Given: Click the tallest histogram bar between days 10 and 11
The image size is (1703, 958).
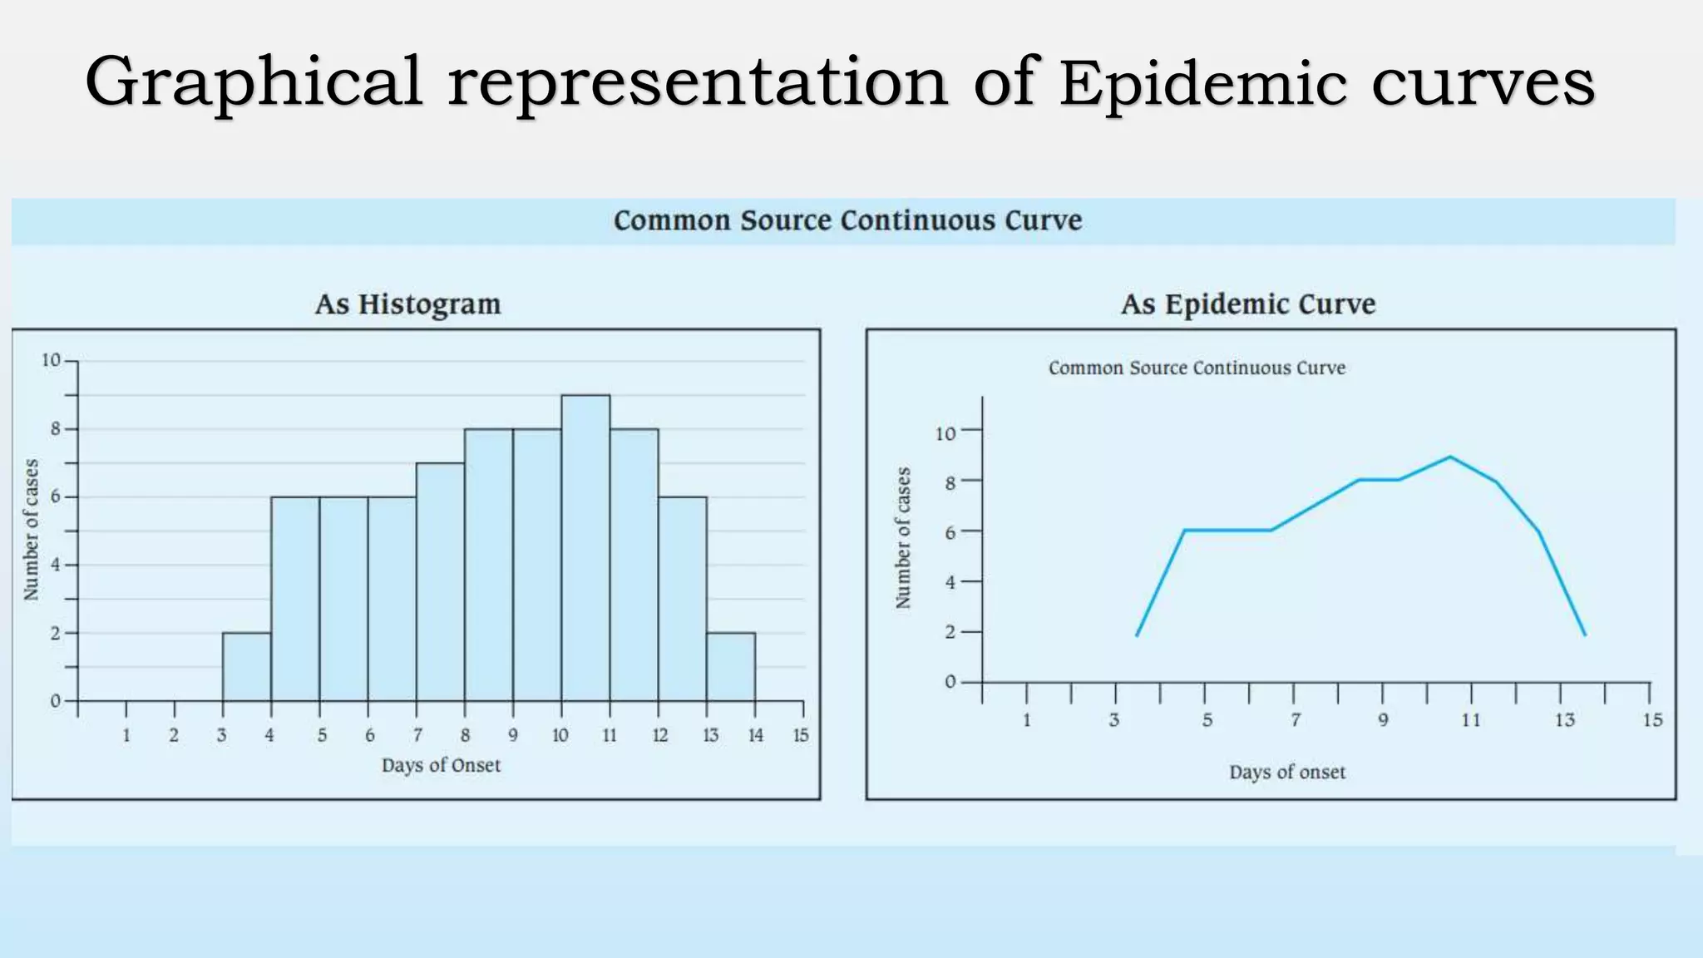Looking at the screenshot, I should (585, 549).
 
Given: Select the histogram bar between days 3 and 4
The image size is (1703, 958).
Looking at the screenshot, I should (246, 667).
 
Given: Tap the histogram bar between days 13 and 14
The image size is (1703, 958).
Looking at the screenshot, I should (731, 667).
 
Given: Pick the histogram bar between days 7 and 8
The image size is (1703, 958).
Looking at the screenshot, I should (440, 582).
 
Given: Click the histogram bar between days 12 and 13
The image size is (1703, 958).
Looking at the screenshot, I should (683, 599).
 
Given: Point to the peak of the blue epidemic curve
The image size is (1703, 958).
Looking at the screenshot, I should (1450, 457).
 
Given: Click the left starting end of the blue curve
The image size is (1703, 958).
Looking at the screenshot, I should (1138, 635).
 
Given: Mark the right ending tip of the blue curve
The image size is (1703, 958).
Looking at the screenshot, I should (1585, 635).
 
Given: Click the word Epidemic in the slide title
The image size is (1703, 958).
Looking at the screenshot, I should (1202, 83).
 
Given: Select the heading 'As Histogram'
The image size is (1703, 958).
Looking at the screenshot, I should (407, 304).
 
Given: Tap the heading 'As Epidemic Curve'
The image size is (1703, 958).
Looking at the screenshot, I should (1247, 304).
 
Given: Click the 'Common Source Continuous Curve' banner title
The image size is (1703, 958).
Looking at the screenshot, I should (847, 220).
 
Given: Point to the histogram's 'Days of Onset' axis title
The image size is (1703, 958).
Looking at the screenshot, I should (441, 765).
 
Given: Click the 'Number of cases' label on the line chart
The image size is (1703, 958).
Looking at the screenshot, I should (903, 538).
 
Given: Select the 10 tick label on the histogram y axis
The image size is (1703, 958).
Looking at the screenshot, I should (51, 360).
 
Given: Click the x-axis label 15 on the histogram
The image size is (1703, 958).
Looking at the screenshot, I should (800, 735).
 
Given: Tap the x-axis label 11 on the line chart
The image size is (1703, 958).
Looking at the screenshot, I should (1471, 720).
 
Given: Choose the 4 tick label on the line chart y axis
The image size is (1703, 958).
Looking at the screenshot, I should (950, 582).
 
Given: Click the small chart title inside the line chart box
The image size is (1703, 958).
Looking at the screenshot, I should (1196, 368).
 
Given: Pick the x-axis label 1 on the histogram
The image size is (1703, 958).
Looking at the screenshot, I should (126, 735).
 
